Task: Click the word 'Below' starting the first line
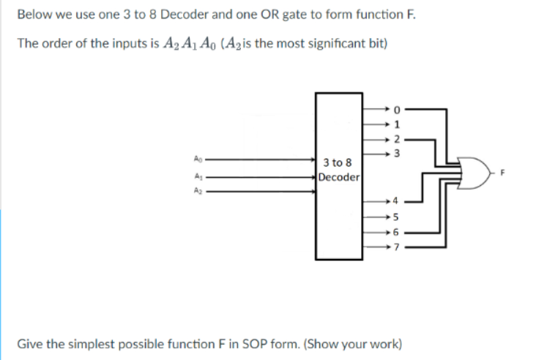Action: (x=32, y=15)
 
